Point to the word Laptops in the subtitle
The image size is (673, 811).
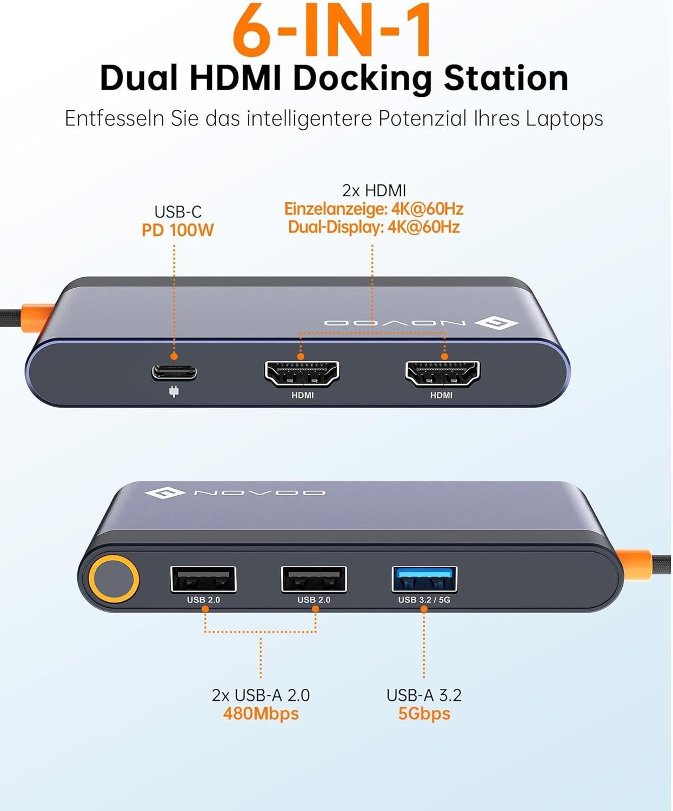click(x=565, y=119)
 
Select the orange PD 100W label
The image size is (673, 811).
click(x=177, y=230)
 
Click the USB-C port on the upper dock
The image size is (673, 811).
click(x=174, y=373)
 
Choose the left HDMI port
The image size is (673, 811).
click(x=302, y=374)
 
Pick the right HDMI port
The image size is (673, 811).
click(x=442, y=374)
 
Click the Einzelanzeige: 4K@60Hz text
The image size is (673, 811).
click(x=374, y=209)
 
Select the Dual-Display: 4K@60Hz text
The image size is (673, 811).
click(x=374, y=227)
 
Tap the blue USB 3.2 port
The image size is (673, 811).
click(x=424, y=579)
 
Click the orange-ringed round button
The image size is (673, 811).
click(x=114, y=580)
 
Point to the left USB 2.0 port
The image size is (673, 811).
click(x=203, y=579)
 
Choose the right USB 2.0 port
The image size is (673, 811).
click(x=314, y=579)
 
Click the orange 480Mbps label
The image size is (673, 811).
click(x=261, y=714)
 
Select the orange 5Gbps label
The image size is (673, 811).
click(x=424, y=714)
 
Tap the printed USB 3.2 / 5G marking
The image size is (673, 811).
click(x=424, y=600)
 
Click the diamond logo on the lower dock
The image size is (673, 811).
click(x=165, y=493)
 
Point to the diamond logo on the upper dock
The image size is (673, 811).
click(x=496, y=323)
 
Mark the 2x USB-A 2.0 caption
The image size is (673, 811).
click(x=261, y=695)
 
